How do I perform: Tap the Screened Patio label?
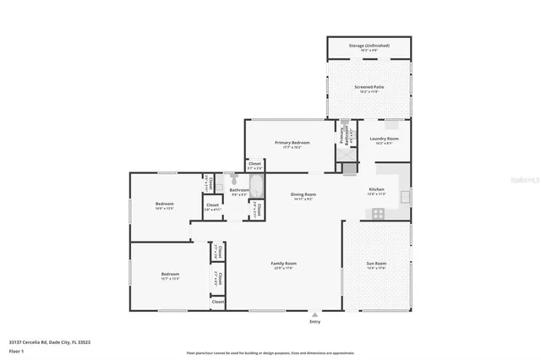(x=369, y=87)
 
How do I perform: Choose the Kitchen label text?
(x=376, y=190)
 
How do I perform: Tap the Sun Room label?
(x=375, y=265)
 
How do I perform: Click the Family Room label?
(x=283, y=265)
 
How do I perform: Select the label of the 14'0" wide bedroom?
(x=164, y=205)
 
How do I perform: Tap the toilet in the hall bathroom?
(x=233, y=179)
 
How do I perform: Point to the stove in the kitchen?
(x=377, y=214)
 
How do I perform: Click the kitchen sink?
(x=405, y=198)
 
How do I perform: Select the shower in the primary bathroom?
(x=349, y=168)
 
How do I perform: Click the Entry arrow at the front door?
(x=315, y=313)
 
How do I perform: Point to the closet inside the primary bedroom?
(x=254, y=166)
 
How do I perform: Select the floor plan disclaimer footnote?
(x=270, y=352)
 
